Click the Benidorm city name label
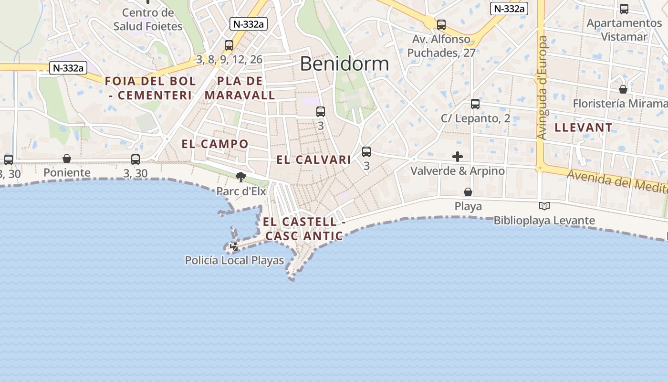[344, 64]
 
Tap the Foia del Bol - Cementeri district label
[150, 88]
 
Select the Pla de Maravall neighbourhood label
[240, 88]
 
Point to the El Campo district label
[215, 144]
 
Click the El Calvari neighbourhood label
[314, 160]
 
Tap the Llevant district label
[584, 127]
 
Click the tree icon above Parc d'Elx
[241, 177]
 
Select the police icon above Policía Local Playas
[234, 246]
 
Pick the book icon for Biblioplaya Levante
[544, 206]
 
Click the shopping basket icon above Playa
[468, 192]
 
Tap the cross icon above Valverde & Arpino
[458, 156]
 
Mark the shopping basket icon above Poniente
[67, 159]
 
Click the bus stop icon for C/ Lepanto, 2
[475, 104]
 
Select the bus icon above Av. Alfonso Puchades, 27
[441, 25]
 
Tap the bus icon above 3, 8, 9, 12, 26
[229, 45]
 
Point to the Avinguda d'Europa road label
[543, 88]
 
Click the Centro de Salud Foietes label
[148, 19]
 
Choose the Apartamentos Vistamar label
[624, 30]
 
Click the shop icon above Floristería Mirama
[623, 89]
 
